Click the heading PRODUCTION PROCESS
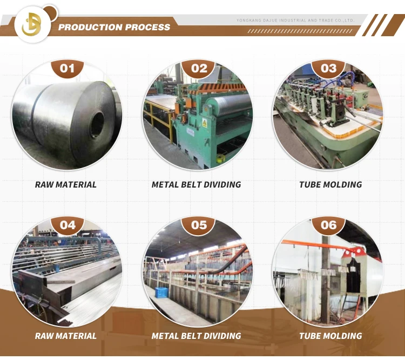tap(114, 27)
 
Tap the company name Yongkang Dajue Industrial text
tap(295, 21)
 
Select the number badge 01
tap(67, 69)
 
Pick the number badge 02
tap(199, 69)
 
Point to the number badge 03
tap(328, 69)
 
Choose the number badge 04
tap(67, 225)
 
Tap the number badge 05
tap(199, 225)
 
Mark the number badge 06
tap(328, 225)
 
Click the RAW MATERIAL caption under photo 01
tap(66, 185)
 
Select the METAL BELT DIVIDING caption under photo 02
tap(196, 185)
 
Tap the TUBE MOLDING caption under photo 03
tap(330, 185)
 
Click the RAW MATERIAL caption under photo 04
tap(66, 336)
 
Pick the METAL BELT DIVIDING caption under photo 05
tap(196, 336)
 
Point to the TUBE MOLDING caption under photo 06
tap(330, 336)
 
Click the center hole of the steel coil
tap(97, 124)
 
